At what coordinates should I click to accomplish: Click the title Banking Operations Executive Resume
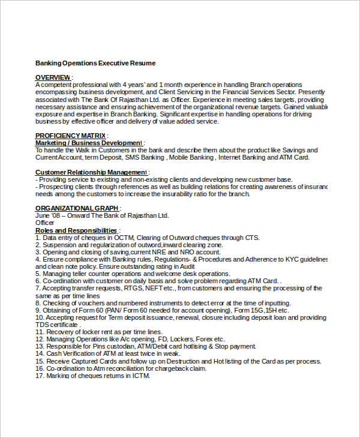pyautogui.click(x=95, y=63)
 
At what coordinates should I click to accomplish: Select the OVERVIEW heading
pyautogui.click(x=53, y=77)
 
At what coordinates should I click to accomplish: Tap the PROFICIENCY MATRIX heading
pyautogui.click(x=70, y=136)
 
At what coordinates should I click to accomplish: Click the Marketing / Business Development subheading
pyautogui.click(x=88, y=143)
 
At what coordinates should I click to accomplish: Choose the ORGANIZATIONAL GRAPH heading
pyautogui.click(x=76, y=208)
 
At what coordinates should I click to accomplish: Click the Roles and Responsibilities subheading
pyautogui.click(x=76, y=230)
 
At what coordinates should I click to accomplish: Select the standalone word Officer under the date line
pyautogui.click(x=45, y=223)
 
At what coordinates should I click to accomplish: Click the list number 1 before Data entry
pyautogui.click(x=38, y=238)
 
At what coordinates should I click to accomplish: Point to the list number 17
pyautogui.click(x=40, y=376)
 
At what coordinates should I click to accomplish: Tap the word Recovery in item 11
pyautogui.click(x=61, y=332)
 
